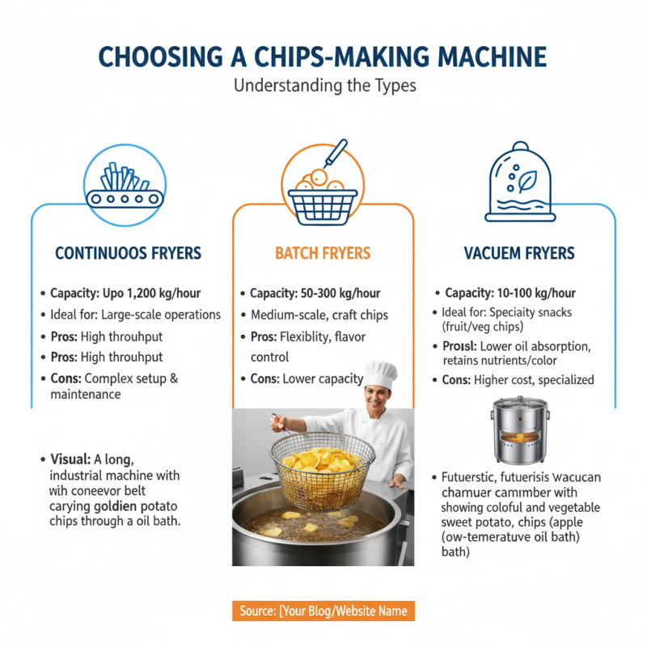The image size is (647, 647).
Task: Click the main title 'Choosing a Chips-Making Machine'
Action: coord(323,57)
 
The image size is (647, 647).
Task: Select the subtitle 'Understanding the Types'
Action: coord(324,86)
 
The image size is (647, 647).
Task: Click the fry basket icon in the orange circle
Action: coord(323,186)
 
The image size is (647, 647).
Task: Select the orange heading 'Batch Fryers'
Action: coord(323,253)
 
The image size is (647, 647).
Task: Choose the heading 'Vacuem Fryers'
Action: coord(519,253)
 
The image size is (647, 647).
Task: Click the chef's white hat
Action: coord(380,374)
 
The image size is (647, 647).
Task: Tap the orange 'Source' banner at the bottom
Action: coord(323,611)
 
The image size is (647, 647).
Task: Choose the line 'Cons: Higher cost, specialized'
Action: coord(518,379)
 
